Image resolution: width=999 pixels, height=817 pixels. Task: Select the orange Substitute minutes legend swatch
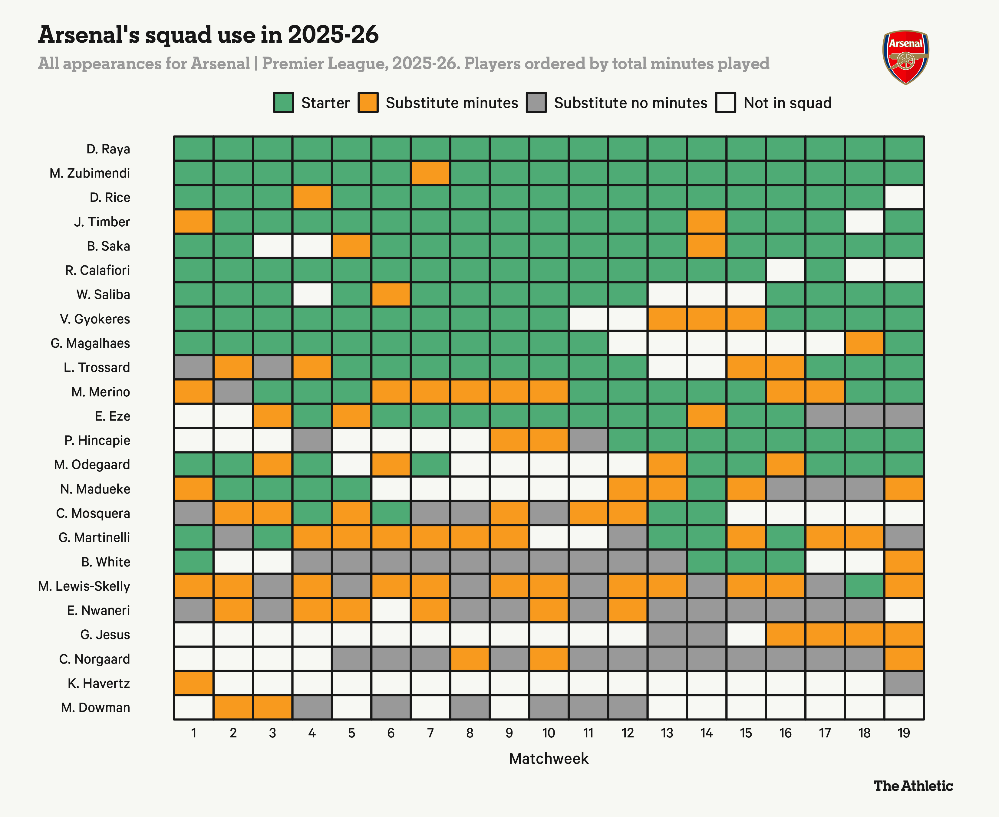click(x=368, y=103)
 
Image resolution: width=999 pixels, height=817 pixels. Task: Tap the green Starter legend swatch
click(x=283, y=103)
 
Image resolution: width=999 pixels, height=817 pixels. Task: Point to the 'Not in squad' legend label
click(x=787, y=103)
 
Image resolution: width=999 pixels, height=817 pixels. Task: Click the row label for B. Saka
click(x=108, y=246)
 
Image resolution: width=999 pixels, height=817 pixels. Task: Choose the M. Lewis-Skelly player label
click(x=84, y=586)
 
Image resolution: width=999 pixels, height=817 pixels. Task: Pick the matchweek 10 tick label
click(x=549, y=733)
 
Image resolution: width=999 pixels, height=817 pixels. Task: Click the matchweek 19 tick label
click(x=903, y=733)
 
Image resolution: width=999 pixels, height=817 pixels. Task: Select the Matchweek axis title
click(x=549, y=759)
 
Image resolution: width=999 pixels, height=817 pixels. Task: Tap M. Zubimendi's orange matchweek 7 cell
click(x=430, y=173)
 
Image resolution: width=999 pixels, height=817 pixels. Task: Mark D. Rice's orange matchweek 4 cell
click(x=312, y=198)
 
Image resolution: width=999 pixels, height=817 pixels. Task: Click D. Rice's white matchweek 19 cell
click(x=903, y=198)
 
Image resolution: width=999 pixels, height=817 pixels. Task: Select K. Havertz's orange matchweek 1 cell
click(x=193, y=683)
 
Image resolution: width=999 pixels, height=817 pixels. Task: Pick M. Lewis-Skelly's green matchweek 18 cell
click(x=864, y=586)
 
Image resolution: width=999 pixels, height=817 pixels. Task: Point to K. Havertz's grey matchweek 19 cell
click(x=903, y=683)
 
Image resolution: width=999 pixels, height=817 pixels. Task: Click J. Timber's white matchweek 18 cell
click(x=864, y=222)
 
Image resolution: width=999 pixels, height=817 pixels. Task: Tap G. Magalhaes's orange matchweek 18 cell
click(x=864, y=343)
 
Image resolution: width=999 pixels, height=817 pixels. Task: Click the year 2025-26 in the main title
click(x=333, y=35)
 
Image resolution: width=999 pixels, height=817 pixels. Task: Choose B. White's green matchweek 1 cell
click(x=193, y=562)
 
